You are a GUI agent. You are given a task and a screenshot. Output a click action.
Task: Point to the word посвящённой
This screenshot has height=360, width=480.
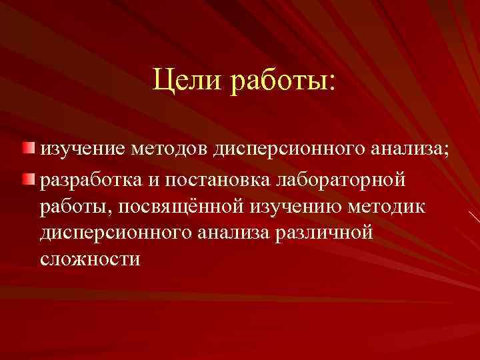tap(180, 208)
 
